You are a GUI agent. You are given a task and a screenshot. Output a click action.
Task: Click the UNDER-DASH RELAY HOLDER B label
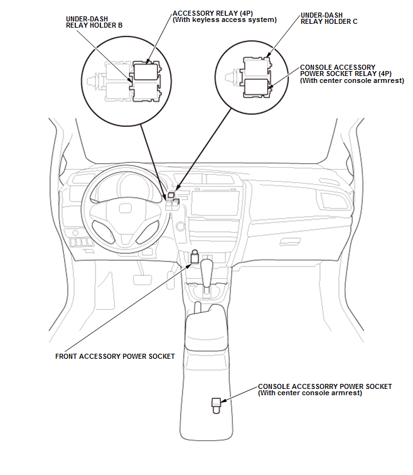94,22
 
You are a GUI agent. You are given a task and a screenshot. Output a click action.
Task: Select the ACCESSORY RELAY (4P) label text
213,13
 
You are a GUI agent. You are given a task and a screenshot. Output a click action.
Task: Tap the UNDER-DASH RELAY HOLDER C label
329,18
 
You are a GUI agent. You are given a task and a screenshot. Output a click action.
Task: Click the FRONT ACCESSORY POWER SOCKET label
115,356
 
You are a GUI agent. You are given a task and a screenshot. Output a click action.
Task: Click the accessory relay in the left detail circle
146,72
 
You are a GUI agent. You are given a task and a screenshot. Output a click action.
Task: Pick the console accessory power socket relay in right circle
256,88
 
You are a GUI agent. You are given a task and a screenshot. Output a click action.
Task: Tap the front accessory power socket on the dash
194,257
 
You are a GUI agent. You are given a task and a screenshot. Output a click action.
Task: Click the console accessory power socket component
216,405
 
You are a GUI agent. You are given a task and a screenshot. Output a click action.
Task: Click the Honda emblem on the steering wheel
125,208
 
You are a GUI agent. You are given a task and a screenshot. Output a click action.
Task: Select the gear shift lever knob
207,267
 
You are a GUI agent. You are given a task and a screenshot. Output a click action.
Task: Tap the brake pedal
142,280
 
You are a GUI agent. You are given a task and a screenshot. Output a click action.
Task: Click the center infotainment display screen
214,204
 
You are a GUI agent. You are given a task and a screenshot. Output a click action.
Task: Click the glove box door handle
290,241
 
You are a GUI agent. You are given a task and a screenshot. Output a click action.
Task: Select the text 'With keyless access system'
225,20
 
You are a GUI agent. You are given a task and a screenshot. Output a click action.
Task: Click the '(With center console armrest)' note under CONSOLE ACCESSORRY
310,393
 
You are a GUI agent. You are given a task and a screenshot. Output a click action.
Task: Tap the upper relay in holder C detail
256,68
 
